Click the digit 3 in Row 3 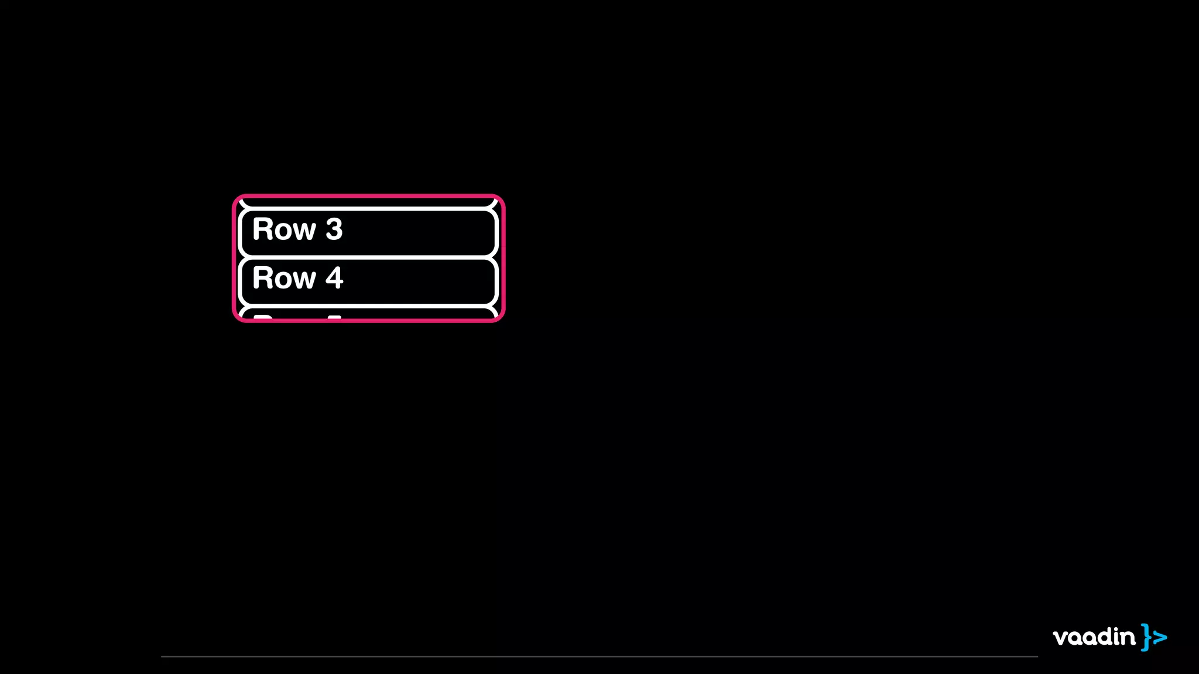click(x=334, y=229)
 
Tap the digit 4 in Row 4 click(x=334, y=278)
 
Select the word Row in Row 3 click(x=284, y=229)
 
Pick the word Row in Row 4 click(x=284, y=278)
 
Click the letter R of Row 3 click(x=263, y=229)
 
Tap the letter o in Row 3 click(x=284, y=232)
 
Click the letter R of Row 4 click(x=263, y=278)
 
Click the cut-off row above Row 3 click(x=368, y=202)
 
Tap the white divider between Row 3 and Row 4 click(x=368, y=257)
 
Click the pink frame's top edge click(x=368, y=196)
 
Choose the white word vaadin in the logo click(x=1094, y=637)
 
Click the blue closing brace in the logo click(x=1146, y=637)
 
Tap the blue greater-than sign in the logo click(x=1160, y=637)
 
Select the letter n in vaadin click(x=1128, y=638)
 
